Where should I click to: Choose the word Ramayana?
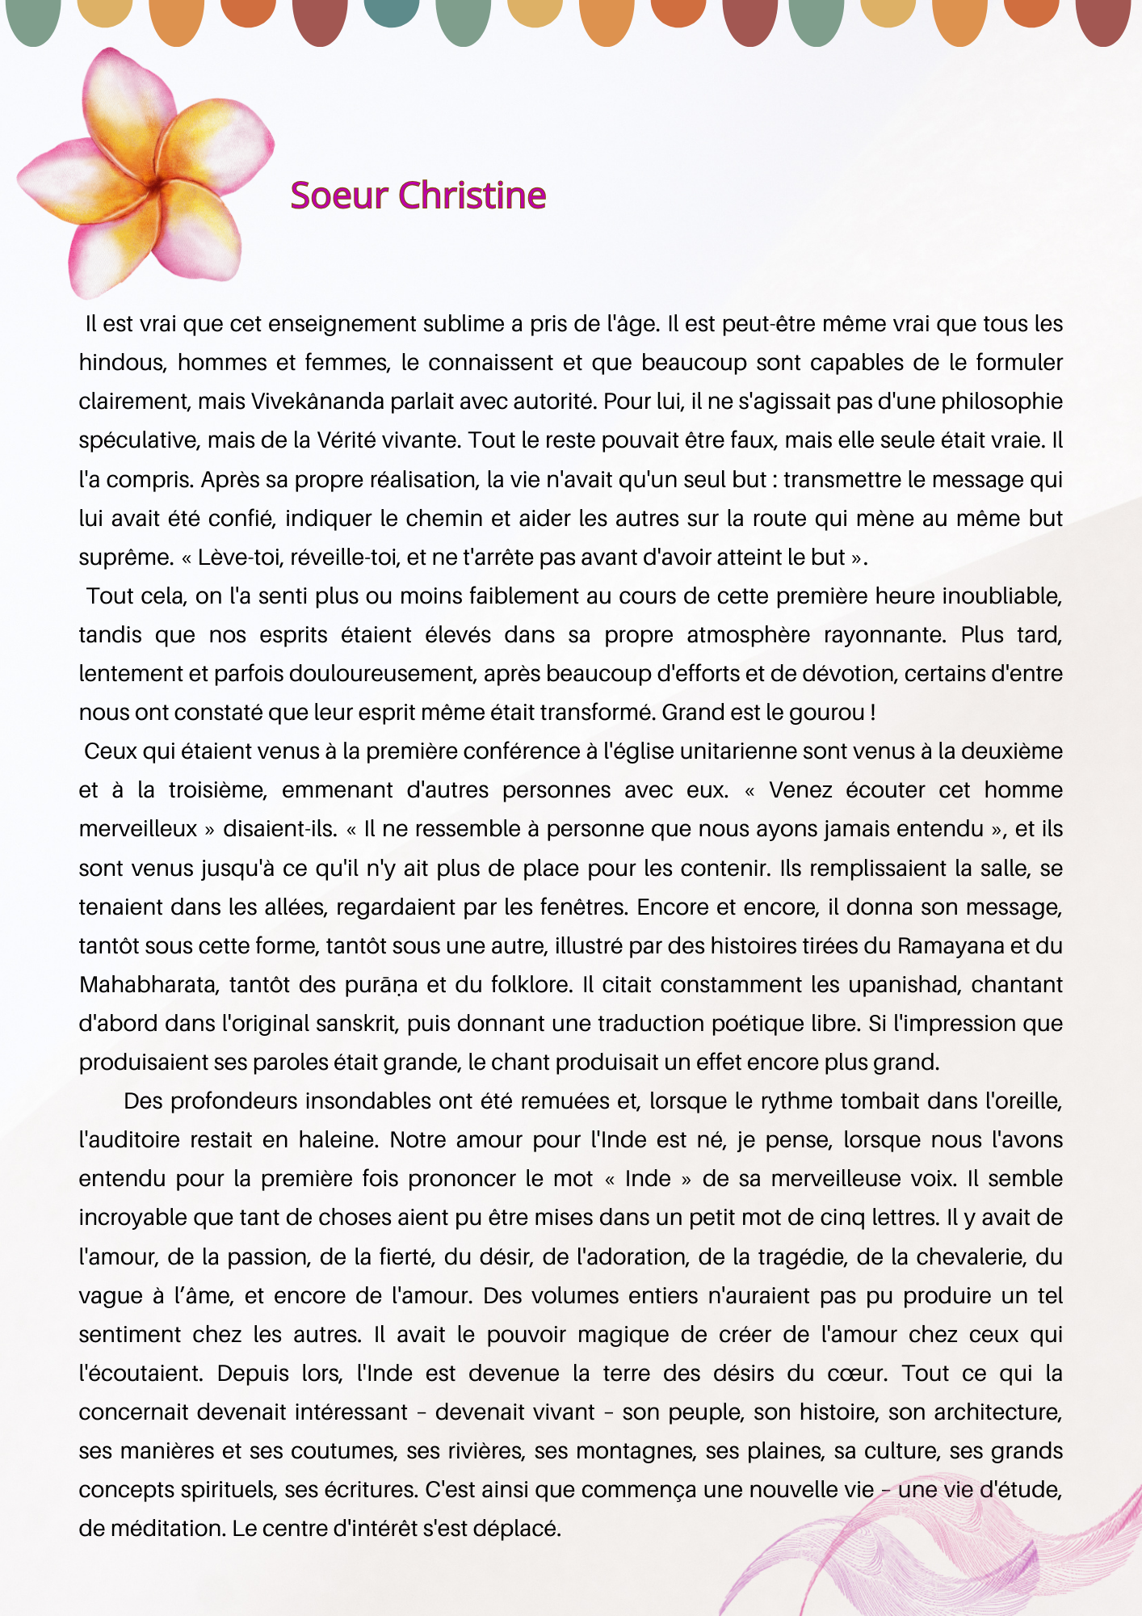tap(951, 946)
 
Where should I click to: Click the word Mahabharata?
tap(149, 985)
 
